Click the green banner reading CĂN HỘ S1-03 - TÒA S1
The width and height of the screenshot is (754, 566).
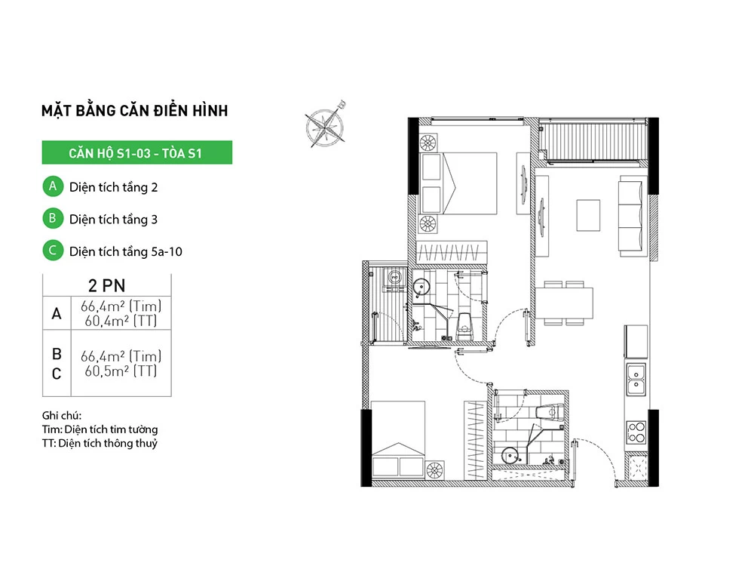[137, 152]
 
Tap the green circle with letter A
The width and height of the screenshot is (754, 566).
[53, 186]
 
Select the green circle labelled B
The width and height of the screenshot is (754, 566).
[53, 219]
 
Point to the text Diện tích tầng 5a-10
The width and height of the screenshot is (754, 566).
[125, 252]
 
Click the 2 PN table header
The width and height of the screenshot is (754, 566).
[107, 285]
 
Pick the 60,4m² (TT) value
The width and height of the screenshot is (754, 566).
[121, 321]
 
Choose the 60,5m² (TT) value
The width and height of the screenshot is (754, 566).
[121, 371]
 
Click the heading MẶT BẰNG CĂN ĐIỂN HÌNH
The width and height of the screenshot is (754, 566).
[135, 111]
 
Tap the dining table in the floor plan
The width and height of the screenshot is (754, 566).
[564, 303]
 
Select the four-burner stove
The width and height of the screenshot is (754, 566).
[636, 432]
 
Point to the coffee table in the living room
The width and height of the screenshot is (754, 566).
[588, 215]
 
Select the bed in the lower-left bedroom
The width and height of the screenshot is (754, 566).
[398, 439]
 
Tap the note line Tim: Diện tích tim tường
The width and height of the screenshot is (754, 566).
[100, 429]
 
